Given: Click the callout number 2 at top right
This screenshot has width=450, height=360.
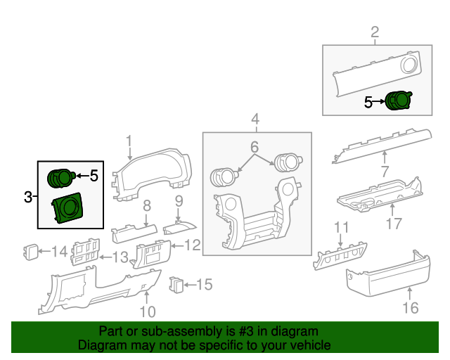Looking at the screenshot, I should [x=375, y=32].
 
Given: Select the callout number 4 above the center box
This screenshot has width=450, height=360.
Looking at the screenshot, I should [x=256, y=118].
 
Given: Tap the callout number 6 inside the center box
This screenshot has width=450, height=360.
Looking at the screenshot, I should [x=255, y=147].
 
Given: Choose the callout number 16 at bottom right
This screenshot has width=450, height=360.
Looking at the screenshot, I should [x=410, y=307].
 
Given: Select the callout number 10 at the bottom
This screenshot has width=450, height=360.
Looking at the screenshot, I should [x=148, y=311].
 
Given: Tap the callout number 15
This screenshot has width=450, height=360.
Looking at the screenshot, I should [x=203, y=285].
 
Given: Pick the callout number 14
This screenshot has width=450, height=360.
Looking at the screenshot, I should [x=60, y=250].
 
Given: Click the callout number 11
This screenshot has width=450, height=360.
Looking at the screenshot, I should [x=341, y=227].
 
